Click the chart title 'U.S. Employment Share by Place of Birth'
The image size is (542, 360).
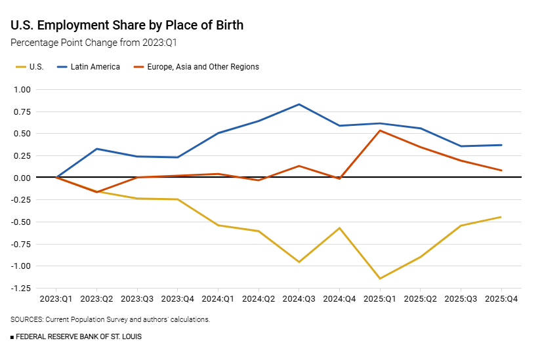(x=127, y=26)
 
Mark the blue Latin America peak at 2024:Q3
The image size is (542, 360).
(x=299, y=104)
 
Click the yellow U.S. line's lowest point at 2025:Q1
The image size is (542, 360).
(x=380, y=279)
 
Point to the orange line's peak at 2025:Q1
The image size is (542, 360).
(x=380, y=130)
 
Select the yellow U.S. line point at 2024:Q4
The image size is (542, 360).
(x=340, y=228)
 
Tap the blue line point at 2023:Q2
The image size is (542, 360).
(x=97, y=149)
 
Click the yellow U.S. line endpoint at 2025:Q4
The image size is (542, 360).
(x=501, y=217)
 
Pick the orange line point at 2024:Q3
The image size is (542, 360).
(x=299, y=166)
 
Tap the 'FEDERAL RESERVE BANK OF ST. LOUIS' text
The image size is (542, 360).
(x=78, y=336)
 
